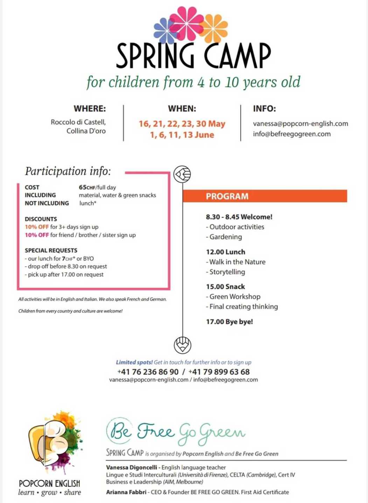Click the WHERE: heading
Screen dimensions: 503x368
coord(90,109)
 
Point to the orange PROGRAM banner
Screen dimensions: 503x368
coord(265,196)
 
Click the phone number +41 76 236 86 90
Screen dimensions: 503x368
coord(148,372)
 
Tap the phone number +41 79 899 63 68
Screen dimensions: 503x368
coord(219,372)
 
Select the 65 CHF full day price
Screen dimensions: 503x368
coord(97,187)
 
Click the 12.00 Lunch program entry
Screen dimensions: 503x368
coord(225,252)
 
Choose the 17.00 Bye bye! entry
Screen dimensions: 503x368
coord(229,322)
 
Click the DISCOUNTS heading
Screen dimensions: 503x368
coord(41,219)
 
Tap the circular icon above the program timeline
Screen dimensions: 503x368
coord(182,174)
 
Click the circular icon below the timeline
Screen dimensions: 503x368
coord(182,345)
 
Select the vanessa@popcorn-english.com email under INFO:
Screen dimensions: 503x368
coord(300,124)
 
